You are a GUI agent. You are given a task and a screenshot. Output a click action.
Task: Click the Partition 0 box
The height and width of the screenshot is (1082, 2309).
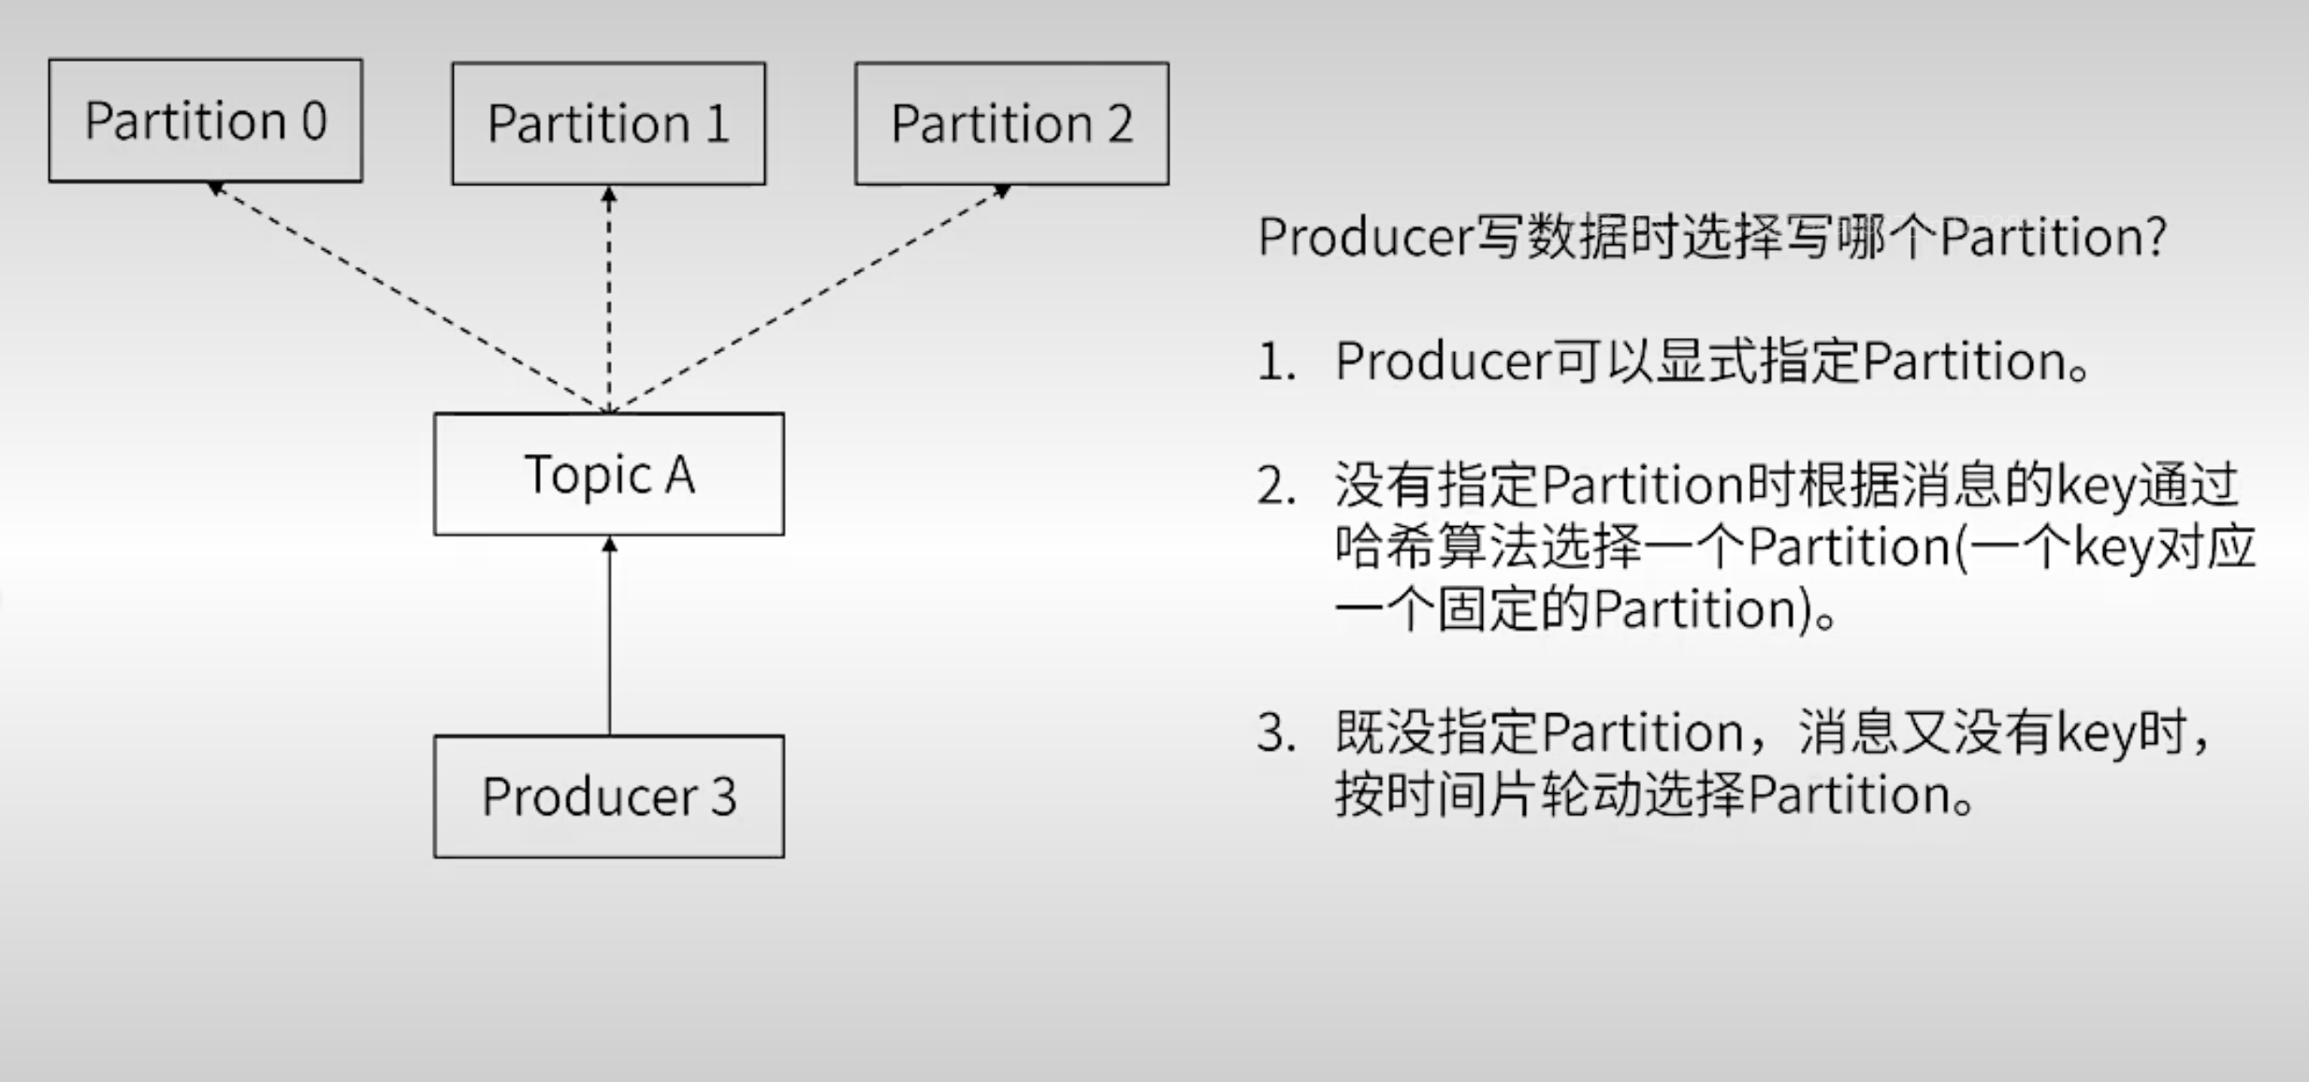[206, 121]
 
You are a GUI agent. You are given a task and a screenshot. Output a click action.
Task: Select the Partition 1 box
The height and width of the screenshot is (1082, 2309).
[608, 124]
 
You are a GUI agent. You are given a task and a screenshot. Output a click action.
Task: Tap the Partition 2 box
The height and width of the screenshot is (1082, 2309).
[1011, 124]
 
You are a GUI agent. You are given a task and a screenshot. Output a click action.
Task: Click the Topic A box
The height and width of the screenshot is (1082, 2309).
[609, 475]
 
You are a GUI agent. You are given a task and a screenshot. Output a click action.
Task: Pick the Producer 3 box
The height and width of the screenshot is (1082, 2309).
[609, 797]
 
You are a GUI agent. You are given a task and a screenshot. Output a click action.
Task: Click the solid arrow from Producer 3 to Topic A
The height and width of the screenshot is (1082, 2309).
[610, 636]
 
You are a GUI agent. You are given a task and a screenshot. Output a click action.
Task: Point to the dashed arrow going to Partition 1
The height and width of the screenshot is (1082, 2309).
[609, 300]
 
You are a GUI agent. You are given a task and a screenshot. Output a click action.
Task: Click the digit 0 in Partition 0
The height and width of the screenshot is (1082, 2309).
[314, 121]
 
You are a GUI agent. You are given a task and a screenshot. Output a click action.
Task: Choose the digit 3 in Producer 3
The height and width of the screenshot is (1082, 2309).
[723, 797]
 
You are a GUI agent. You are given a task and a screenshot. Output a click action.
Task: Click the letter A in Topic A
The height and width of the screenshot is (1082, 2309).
[680, 475]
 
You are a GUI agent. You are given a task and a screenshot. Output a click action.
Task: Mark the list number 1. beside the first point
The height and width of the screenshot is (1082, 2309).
[1276, 362]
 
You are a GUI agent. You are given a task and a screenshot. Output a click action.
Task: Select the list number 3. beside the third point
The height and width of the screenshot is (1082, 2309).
[1276, 733]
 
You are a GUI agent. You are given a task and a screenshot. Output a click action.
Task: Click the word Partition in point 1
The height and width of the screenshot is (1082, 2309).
[1965, 362]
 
